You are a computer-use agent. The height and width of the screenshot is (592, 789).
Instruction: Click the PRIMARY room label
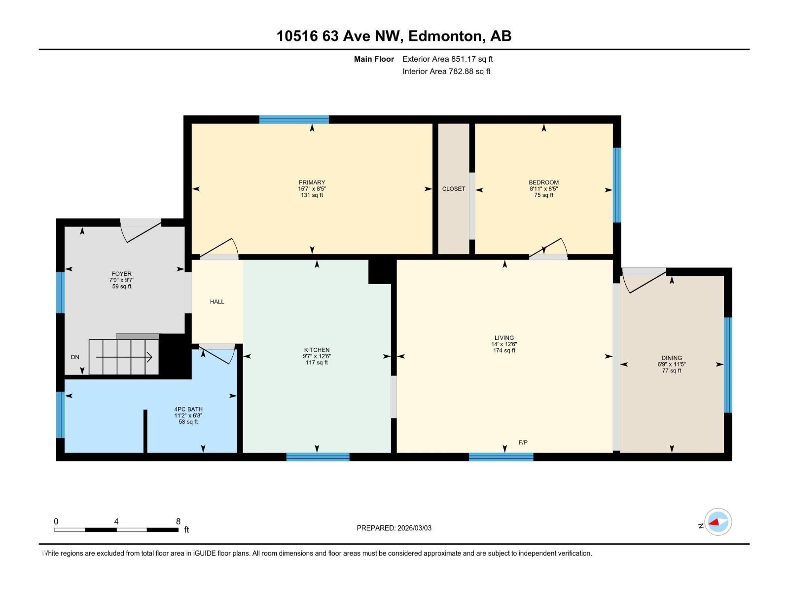[x=312, y=182]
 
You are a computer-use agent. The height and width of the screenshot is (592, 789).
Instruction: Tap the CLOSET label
[x=453, y=189]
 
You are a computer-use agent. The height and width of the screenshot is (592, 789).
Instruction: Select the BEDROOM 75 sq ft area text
[x=543, y=195]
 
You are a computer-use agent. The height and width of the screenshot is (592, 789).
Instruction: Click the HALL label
[x=217, y=301]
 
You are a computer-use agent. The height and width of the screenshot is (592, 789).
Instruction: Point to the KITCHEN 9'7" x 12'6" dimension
[x=317, y=356]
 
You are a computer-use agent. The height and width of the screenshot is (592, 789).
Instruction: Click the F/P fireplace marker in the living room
[x=523, y=443]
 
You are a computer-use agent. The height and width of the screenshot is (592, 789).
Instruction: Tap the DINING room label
[x=671, y=358]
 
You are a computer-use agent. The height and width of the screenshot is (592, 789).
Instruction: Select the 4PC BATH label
[x=188, y=409]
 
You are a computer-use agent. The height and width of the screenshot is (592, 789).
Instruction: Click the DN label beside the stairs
[x=75, y=357]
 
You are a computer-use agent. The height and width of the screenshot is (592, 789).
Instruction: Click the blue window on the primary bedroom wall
[x=294, y=119]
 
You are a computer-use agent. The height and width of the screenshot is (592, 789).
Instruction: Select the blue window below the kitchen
[x=318, y=457]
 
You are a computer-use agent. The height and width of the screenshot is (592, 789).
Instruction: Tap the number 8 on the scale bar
[x=178, y=521]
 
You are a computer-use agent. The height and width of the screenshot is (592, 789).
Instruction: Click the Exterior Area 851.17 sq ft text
[x=447, y=59]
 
